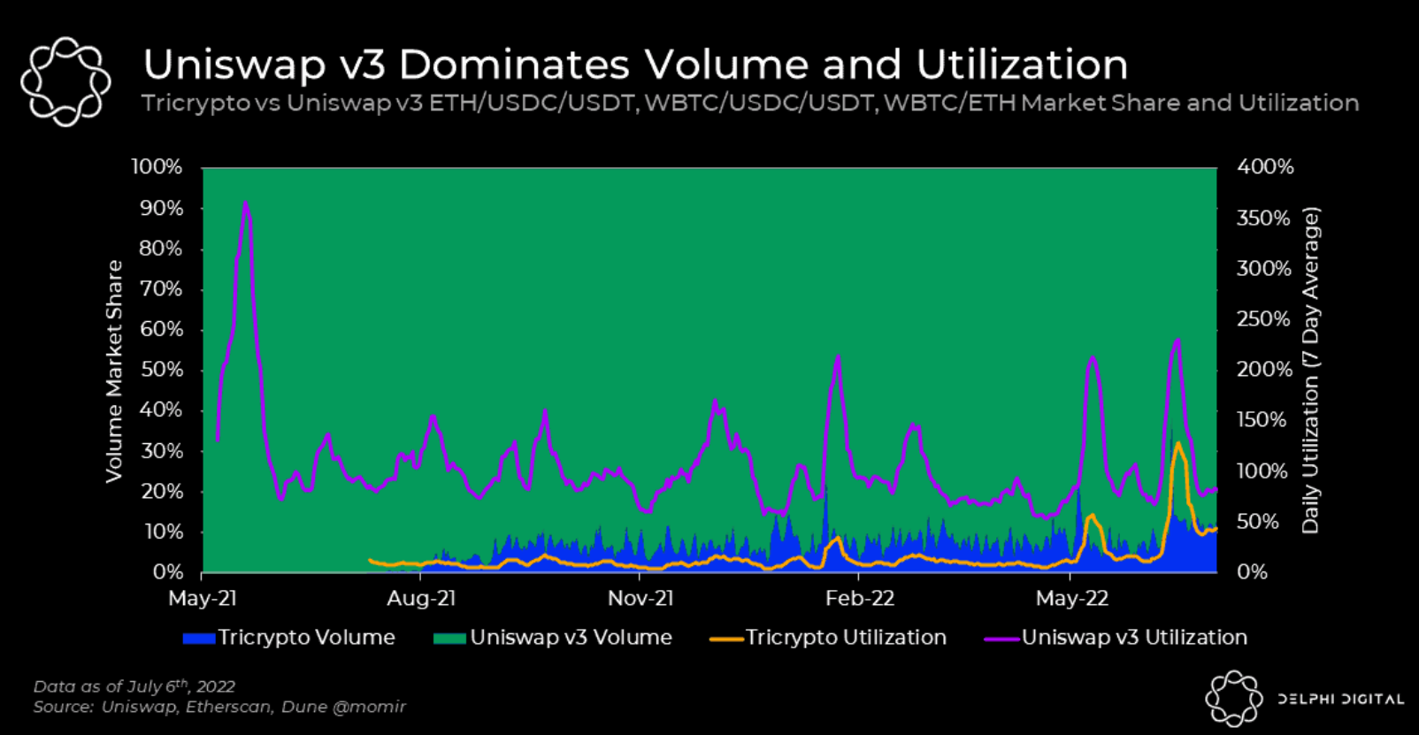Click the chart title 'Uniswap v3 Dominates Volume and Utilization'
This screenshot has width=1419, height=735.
635,65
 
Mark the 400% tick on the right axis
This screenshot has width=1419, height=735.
1265,167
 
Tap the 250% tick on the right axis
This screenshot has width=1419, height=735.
1263,319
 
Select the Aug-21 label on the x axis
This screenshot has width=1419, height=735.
421,599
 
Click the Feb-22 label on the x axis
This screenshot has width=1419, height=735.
859,599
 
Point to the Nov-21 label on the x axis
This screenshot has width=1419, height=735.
640,599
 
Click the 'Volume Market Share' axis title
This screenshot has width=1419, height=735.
114,371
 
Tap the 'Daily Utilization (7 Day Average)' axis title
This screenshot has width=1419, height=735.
1310,371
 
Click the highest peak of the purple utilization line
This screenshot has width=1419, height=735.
245,203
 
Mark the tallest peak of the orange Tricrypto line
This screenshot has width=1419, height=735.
1177,443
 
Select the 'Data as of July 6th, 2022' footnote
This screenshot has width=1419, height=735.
134,686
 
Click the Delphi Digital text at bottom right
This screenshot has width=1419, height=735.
1340,700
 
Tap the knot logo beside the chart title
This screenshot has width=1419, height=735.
65,80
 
